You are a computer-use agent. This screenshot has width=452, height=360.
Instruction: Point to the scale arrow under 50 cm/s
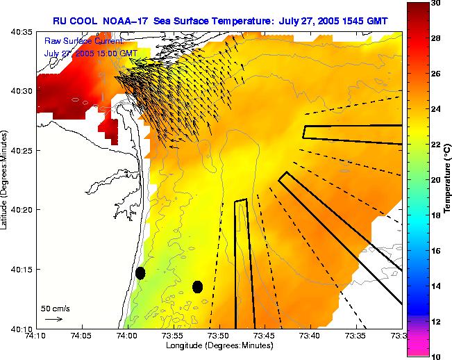click(x=53, y=319)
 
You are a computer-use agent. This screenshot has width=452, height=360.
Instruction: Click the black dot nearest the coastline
click(x=140, y=273)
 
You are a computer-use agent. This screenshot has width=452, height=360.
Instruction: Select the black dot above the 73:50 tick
click(x=197, y=286)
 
